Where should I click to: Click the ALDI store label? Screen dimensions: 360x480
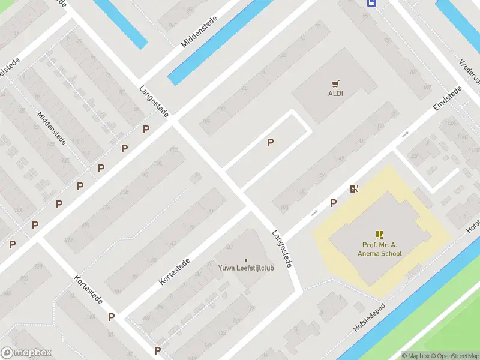(335, 94)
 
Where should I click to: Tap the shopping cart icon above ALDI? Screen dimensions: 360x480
(335, 84)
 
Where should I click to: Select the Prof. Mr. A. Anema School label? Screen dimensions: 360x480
(382, 249)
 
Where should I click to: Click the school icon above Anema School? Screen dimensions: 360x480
(379, 234)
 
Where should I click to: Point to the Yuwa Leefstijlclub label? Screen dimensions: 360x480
(246, 268)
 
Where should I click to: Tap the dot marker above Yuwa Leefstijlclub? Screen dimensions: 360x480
(246, 260)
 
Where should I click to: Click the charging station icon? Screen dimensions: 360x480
(355, 189)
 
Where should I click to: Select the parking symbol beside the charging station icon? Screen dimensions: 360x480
(333, 203)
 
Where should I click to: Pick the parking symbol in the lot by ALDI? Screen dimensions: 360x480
(271, 142)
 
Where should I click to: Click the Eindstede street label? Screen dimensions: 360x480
(448, 99)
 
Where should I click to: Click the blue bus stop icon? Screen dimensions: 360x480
(371, 2)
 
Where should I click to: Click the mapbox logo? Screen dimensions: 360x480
(26, 353)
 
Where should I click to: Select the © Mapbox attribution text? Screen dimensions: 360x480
(416, 356)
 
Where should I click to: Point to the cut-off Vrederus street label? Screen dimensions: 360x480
(470, 71)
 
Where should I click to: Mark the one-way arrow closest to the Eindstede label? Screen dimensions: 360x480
(406, 134)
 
